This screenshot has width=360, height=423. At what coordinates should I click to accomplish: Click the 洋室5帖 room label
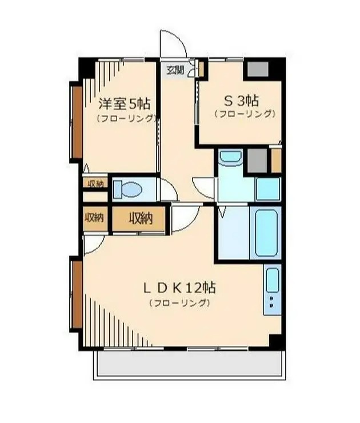pos(124,104)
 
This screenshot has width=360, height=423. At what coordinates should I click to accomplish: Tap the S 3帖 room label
pos(241,101)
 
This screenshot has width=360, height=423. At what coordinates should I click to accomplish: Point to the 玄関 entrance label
pos(175,70)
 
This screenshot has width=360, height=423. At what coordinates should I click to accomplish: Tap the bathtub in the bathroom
pos(266,233)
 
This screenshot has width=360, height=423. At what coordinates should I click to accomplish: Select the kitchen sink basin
pos(273,280)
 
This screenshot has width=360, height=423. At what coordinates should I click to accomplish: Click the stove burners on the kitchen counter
pos(272,302)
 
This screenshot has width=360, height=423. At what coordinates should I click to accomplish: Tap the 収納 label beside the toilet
pos(95,183)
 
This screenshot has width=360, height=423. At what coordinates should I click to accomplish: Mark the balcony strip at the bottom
pos(189,364)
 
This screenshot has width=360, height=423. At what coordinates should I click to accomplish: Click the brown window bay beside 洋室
pos(75,122)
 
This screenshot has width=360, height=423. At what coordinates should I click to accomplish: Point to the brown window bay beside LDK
pos(76,294)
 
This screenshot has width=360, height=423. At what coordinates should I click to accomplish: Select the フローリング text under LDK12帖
pos(179,303)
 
